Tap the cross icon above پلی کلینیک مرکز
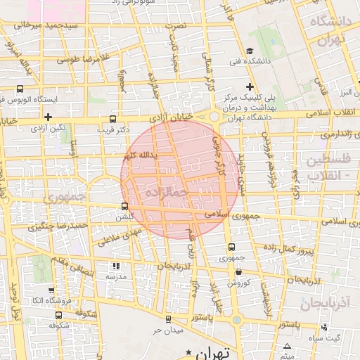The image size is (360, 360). coord(250,86)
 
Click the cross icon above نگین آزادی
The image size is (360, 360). coord(48,117)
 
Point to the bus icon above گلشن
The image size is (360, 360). coord(125,206)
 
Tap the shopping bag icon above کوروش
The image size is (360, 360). coord(238,272)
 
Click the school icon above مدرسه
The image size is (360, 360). coord(116,266)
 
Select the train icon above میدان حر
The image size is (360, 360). coord(169,319)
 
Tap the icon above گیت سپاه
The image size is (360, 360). coord(324,327)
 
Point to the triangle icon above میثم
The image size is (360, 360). coord(287,347)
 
